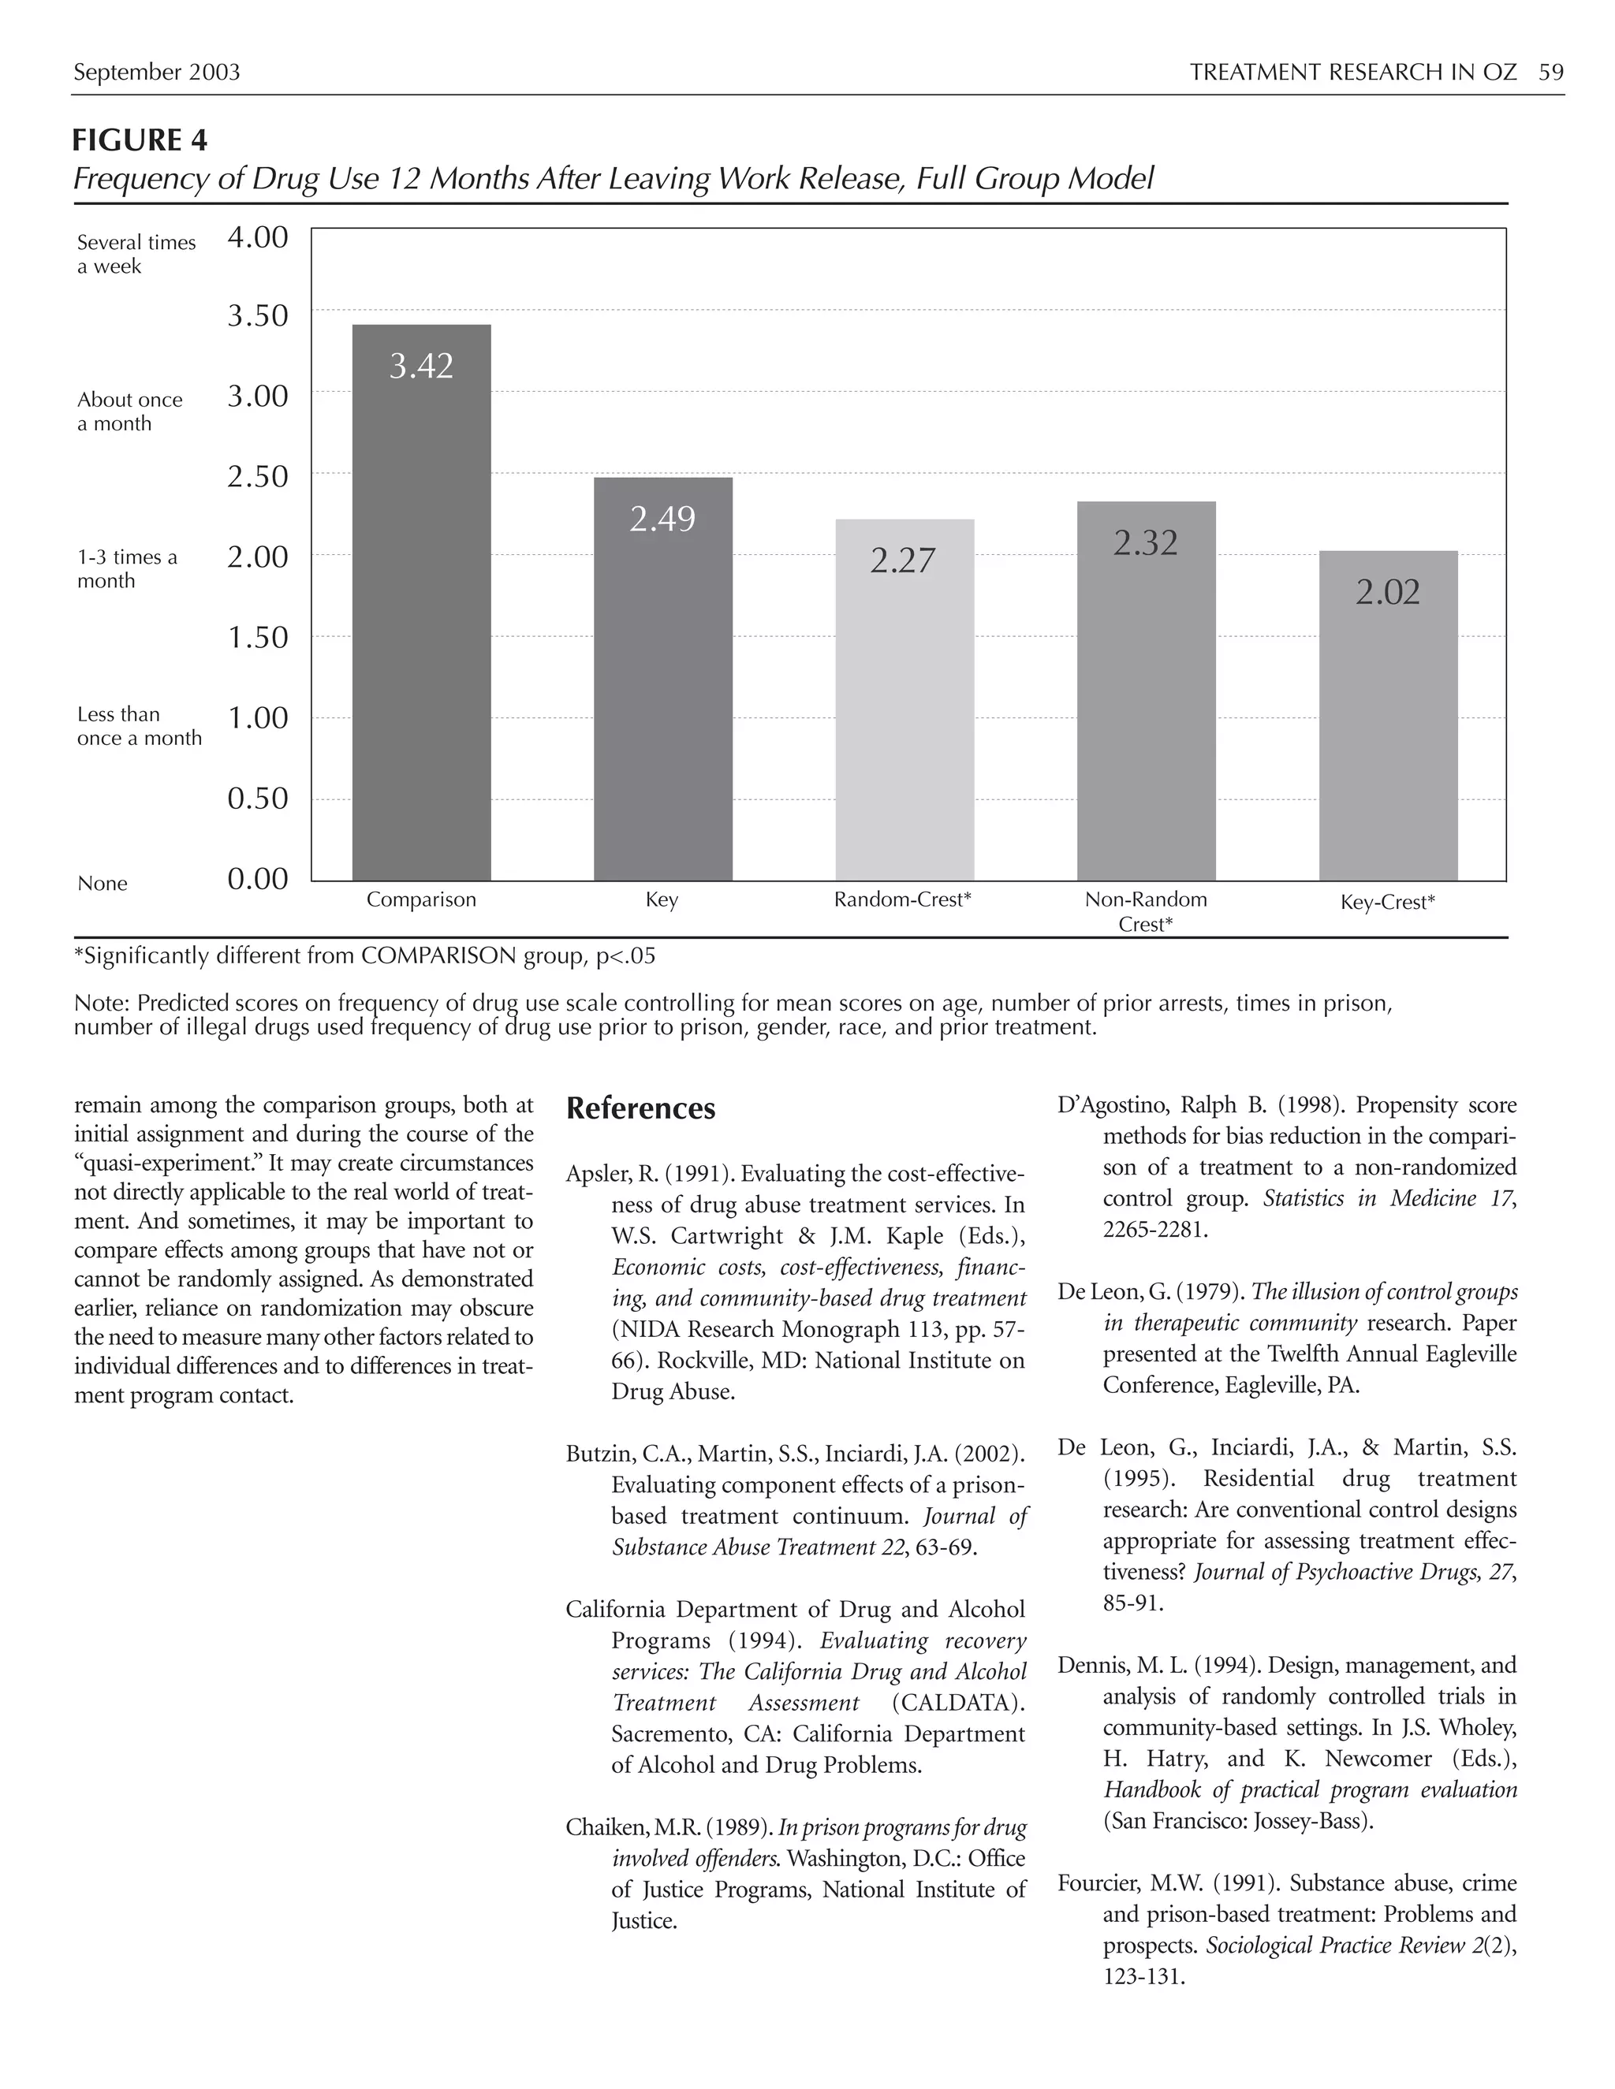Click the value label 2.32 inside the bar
tap(1145, 543)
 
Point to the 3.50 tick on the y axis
tap(257, 315)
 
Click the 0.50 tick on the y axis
tap(257, 799)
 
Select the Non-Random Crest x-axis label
tap(1145, 910)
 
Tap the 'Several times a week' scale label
tap(136, 255)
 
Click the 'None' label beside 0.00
tap(103, 883)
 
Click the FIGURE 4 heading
tap(140, 140)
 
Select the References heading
tap(640, 1108)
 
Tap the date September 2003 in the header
tap(157, 73)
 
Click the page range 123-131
tap(1143, 1976)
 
